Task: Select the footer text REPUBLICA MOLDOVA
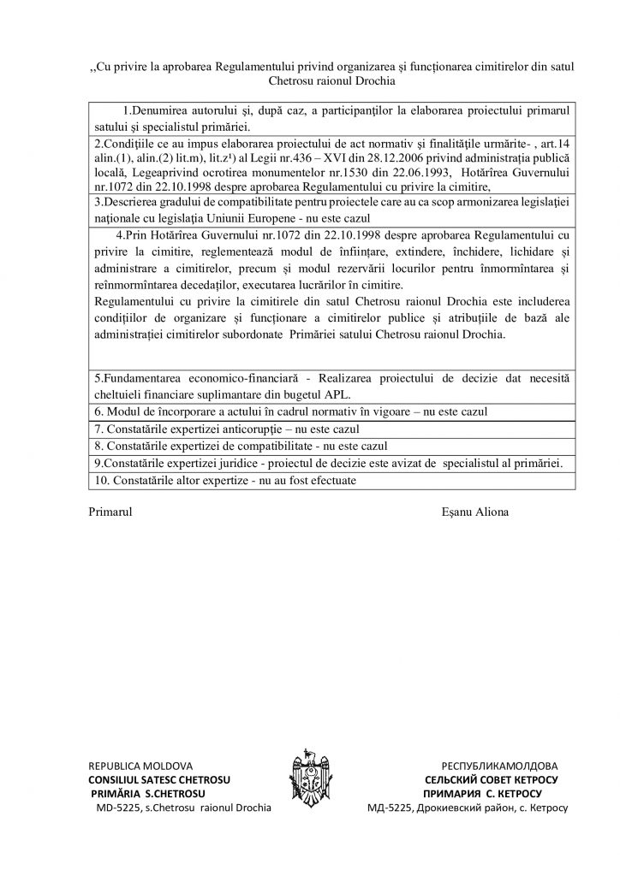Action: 140,764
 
